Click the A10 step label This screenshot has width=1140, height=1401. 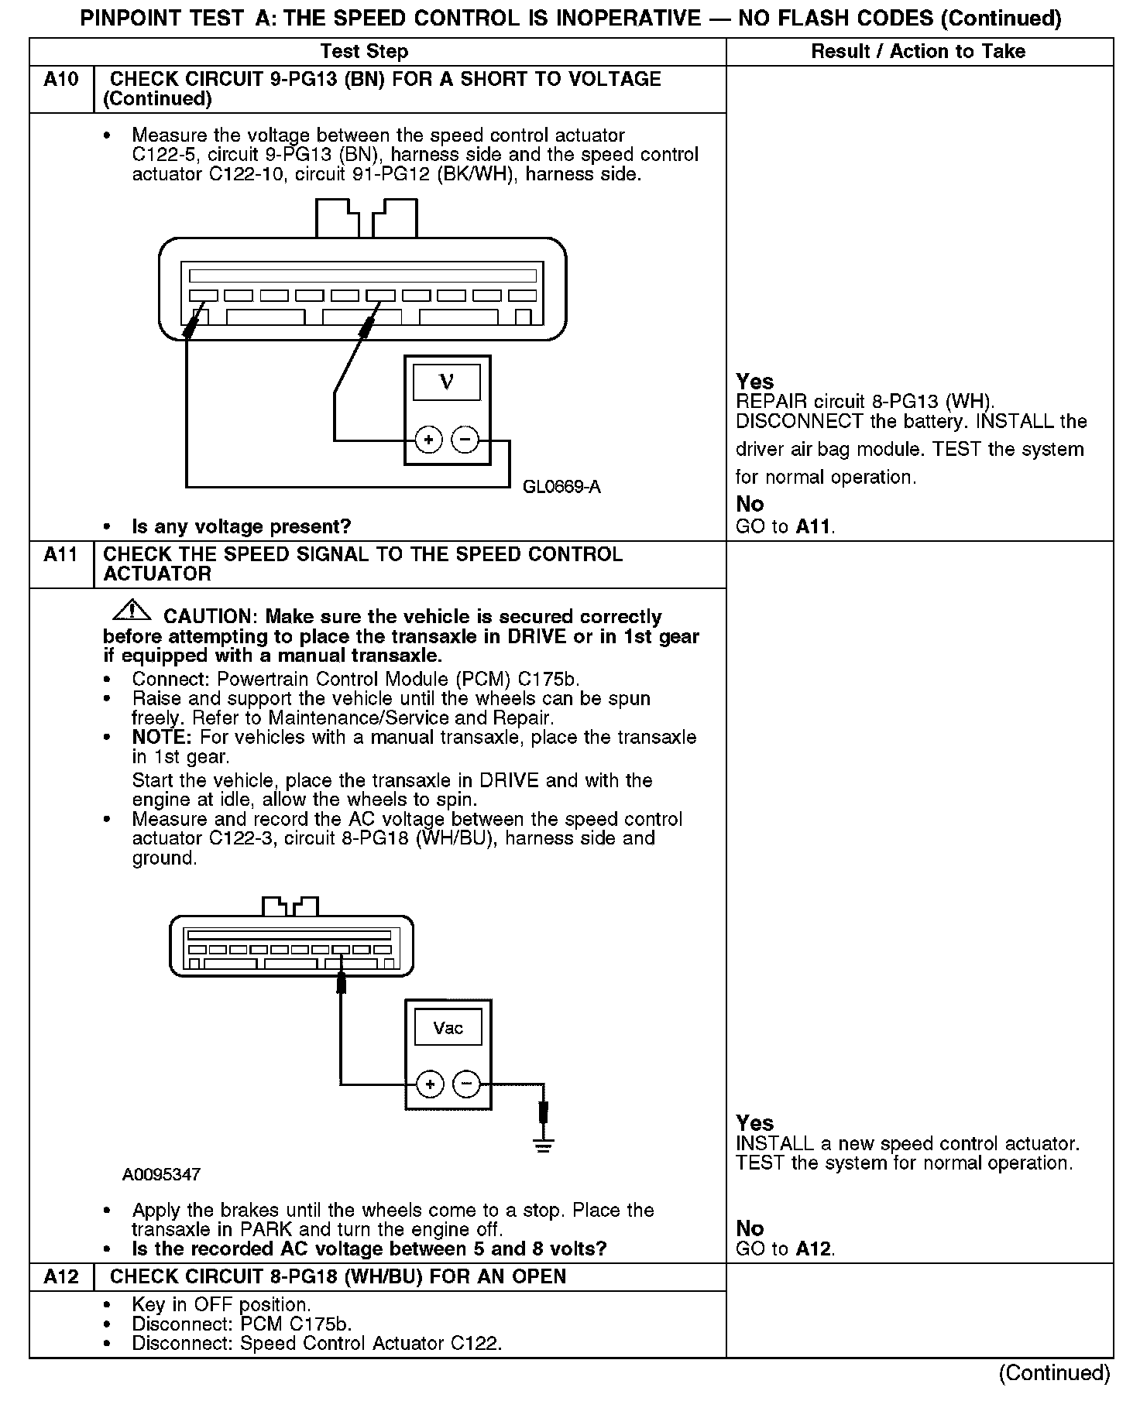pos(60,80)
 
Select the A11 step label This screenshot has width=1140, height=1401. pos(60,555)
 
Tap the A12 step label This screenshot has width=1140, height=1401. pos(60,1276)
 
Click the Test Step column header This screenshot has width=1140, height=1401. pos(364,52)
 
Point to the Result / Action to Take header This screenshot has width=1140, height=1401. pos(918,52)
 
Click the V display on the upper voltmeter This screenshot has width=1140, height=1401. pos(447,382)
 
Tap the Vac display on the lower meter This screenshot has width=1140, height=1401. pos(448,1028)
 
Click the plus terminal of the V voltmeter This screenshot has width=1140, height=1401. pos(428,440)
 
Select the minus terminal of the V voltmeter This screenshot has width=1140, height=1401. pos(465,440)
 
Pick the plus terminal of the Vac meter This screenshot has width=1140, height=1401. pos(430,1084)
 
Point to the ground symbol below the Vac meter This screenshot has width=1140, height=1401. pos(544,1144)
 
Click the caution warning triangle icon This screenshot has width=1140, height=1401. pos(132,611)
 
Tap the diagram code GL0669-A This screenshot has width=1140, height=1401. pos(561,487)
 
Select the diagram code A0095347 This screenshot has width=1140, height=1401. pos(161,1174)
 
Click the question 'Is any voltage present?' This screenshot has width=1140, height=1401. pos(241,527)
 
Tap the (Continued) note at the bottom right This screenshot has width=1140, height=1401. pos(1054,1372)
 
